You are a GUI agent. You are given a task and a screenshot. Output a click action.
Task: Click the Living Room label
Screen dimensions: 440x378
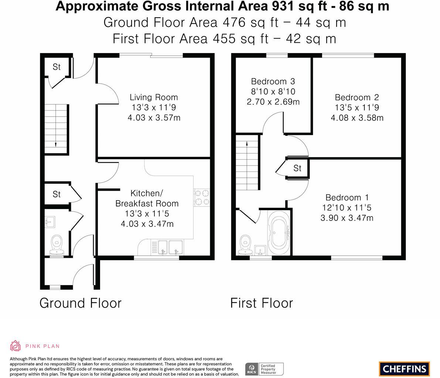154,97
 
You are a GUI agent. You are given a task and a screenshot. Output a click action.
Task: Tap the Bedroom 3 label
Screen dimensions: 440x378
273,82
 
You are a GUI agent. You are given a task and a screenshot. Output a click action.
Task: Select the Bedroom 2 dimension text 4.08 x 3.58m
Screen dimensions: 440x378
357,118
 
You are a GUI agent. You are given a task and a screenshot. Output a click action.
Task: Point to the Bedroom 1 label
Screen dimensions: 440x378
347,198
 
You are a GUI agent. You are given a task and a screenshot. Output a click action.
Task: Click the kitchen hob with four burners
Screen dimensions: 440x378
202,197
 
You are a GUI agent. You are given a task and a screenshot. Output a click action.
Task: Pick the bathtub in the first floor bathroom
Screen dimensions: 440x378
279,233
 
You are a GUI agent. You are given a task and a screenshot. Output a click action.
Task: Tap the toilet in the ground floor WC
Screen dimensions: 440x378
57,245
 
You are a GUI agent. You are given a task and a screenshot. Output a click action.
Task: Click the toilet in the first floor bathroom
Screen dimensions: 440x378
245,245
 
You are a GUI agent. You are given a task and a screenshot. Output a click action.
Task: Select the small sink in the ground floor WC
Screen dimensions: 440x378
50,222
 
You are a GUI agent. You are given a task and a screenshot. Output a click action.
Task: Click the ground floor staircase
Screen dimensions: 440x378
57,129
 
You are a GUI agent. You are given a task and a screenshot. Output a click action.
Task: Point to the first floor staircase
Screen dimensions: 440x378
247,163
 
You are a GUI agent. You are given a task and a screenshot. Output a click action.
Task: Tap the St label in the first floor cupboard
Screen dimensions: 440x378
297,168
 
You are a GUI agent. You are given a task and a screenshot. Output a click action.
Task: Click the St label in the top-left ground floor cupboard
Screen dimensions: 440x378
57,67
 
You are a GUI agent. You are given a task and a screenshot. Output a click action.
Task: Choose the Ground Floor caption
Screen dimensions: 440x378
81,303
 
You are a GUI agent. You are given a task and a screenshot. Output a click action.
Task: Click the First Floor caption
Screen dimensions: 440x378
262,303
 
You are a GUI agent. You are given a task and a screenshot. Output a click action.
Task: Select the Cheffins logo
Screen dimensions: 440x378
405,369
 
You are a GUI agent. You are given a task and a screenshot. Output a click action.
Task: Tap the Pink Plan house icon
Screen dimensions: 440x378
16,346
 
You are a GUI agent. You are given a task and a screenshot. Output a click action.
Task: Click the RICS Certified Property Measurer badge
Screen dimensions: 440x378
265,369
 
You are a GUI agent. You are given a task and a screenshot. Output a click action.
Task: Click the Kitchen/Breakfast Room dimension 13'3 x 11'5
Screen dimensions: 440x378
147,214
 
